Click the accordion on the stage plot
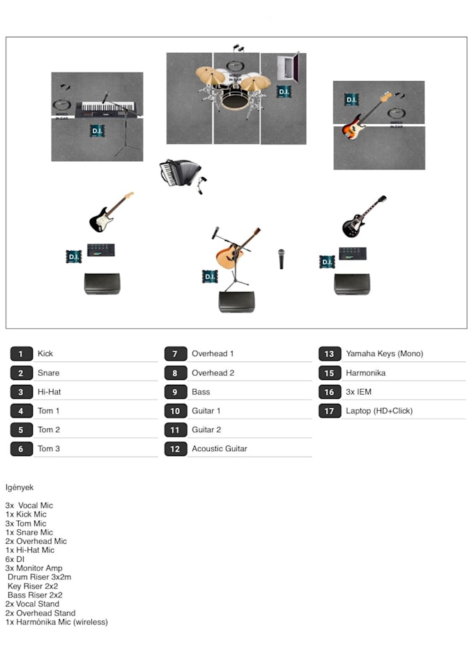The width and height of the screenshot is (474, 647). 180,173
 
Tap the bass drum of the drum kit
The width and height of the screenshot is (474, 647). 234,99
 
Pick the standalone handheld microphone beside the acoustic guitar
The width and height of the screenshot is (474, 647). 282,258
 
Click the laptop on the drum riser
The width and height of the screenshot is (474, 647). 289,69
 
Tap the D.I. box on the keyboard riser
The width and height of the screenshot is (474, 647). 98,130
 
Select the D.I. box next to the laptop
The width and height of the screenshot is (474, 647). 283,91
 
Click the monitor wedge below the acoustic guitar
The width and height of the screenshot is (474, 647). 236,301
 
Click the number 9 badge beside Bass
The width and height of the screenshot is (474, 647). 175,392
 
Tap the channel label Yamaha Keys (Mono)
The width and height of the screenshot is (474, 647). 384,353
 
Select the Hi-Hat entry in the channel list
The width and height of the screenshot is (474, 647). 49,392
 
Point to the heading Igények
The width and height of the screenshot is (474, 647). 20,487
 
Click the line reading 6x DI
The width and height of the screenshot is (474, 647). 15,559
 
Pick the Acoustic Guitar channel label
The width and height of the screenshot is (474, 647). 219,448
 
